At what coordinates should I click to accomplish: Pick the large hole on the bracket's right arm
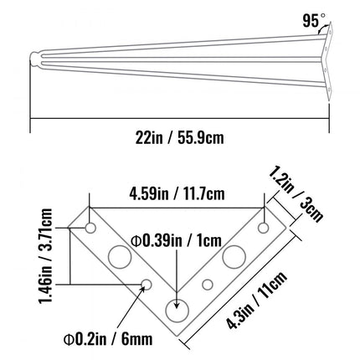234,255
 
